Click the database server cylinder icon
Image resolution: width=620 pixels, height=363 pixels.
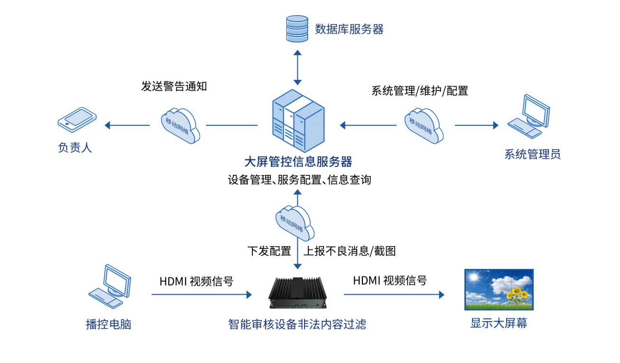pyautogui.click(x=297, y=29)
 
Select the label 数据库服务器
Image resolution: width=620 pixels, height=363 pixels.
pyautogui.click(x=349, y=29)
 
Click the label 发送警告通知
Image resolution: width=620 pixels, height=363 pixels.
pyautogui.click(x=174, y=86)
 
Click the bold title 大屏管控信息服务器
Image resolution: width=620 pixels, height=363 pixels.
pyautogui.click(x=298, y=162)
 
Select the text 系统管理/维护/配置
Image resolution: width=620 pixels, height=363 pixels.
pyautogui.click(x=419, y=91)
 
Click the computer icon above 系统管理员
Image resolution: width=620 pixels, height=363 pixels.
pyautogui.click(x=531, y=116)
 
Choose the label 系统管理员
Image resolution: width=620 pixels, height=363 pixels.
pyautogui.click(x=532, y=154)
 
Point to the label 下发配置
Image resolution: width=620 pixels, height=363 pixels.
pyautogui.click(x=269, y=251)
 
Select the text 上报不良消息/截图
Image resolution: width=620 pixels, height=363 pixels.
pyautogui.click(x=349, y=251)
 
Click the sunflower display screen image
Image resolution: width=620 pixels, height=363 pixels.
pyautogui.click(x=499, y=290)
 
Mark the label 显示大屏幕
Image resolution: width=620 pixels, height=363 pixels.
pyautogui.click(x=499, y=324)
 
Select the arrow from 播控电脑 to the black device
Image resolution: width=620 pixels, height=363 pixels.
pyautogui.click(x=202, y=295)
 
